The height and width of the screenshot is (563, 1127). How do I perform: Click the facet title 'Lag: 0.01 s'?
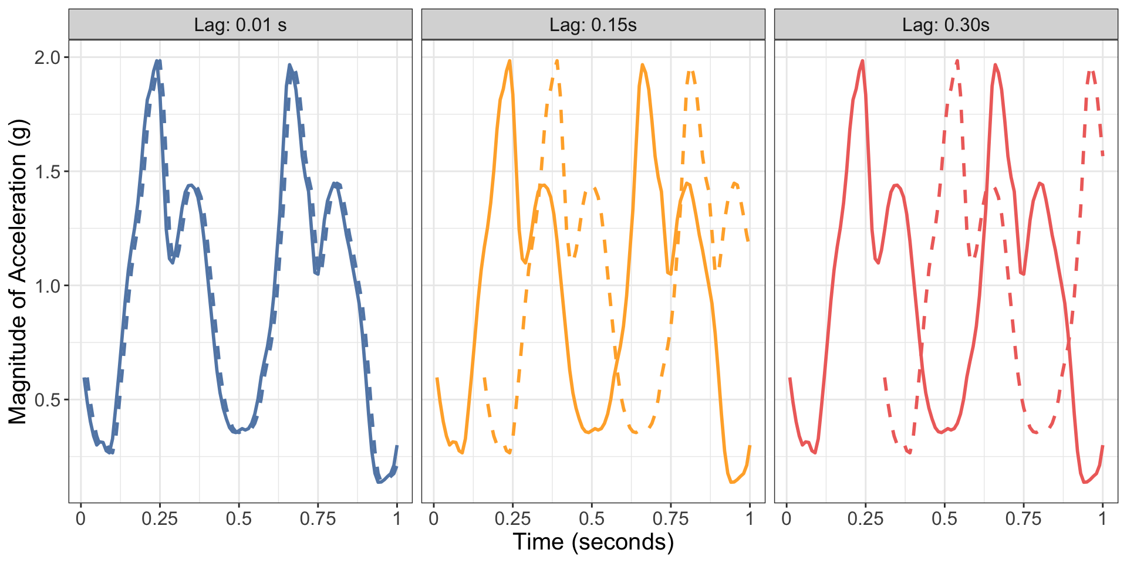(240, 25)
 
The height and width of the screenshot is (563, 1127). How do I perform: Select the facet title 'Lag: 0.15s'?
(593, 25)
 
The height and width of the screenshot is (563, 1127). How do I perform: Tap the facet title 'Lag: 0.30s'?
(946, 25)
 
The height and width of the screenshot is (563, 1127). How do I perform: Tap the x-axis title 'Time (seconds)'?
(593, 542)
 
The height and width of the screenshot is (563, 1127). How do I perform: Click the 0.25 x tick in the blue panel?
(160, 519)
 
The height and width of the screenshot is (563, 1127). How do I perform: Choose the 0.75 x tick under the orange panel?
(670, 519)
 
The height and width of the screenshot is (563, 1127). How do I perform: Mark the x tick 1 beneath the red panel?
(1102, 519)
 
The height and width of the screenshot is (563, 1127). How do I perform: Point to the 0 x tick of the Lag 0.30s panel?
(787, 519)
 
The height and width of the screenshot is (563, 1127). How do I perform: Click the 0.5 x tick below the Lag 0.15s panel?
(592, 519)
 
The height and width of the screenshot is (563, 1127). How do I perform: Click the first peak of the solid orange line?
(509, 60)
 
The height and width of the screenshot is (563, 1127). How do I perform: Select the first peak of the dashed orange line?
(556, 60)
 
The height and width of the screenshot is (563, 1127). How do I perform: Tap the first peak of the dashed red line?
(957, 60)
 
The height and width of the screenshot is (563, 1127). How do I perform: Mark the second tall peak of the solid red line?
(995, 65)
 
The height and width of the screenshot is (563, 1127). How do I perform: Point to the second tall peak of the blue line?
(289, 65)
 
